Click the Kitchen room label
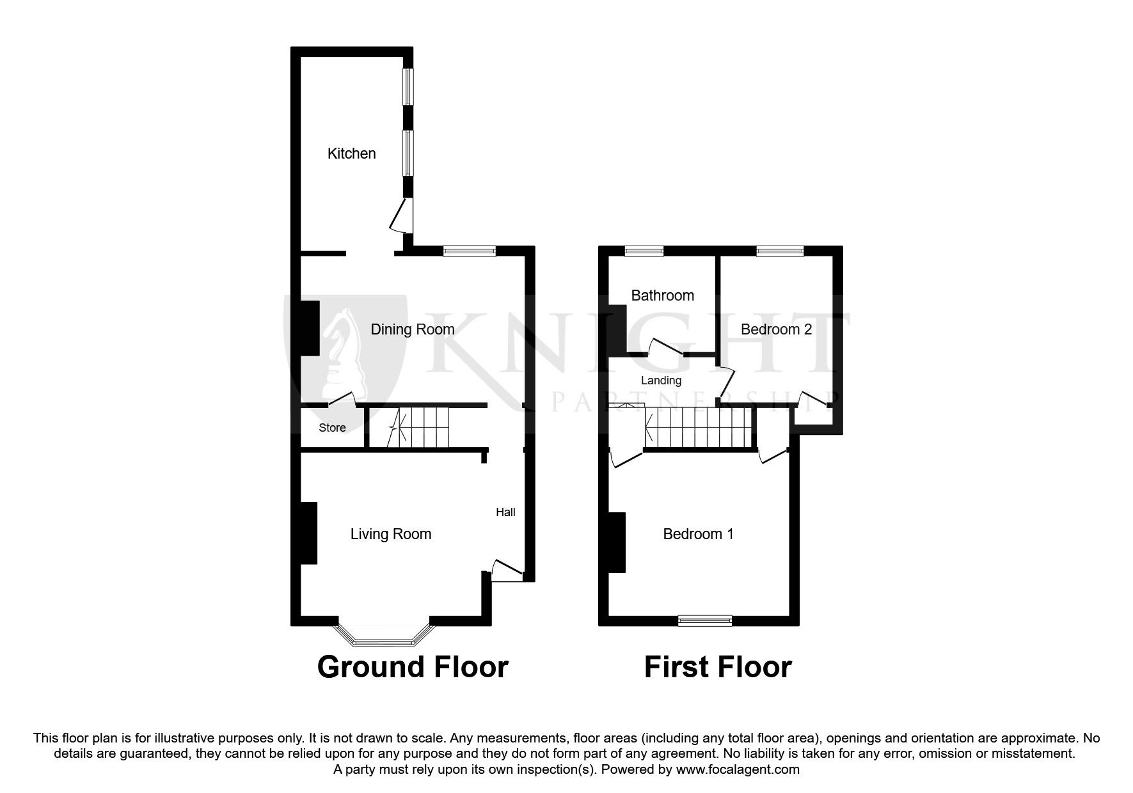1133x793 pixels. (351, 153)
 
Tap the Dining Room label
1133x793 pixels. (413, 329)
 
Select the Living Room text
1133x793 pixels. (390, 534)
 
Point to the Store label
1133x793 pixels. (332, 428)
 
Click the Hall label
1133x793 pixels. (505, 512)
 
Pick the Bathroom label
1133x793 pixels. (662, 295)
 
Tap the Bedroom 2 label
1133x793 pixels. (776, 329)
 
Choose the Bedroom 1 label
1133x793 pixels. (698, 534)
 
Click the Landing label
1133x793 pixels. (661, 381)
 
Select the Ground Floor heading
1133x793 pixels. (413, 667)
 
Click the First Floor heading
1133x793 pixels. (717, 667)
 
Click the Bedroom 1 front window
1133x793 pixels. (704, 620)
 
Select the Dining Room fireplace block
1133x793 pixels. (310, 328)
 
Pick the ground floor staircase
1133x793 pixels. (420, 427)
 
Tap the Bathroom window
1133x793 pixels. (644, 251)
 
